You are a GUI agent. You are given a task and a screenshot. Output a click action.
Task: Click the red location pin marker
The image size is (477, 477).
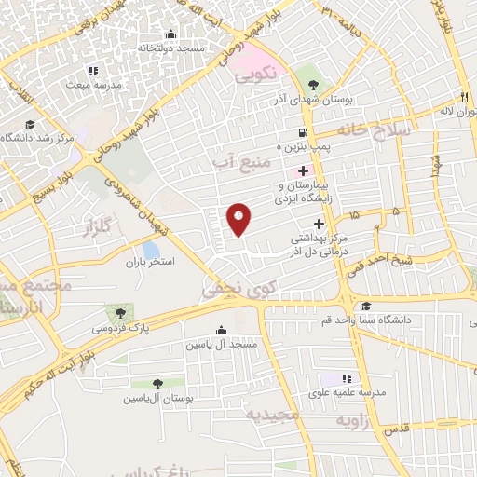(x=239, y=220)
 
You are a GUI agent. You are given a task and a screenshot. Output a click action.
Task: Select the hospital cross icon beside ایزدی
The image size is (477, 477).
(x=303, y=170)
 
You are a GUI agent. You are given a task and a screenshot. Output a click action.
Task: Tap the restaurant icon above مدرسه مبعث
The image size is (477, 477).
(x=92, y=70)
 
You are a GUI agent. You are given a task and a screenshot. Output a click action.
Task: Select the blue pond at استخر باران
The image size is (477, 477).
(x=151, y=250)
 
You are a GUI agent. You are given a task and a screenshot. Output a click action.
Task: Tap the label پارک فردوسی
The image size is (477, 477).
(x=117, y=328)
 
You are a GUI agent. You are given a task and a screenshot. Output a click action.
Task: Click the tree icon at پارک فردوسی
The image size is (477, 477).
(x=118, y=312)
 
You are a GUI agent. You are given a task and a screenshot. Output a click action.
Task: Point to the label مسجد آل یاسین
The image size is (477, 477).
(x=220, y=345)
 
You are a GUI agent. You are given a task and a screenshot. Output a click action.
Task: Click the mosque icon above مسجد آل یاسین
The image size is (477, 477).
(x=221, y=330)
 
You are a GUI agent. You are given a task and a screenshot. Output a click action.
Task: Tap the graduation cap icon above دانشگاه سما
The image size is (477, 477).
(x=366, y=306)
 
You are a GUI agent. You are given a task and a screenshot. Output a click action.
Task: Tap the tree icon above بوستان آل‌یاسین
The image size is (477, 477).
(x=157, y=383)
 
